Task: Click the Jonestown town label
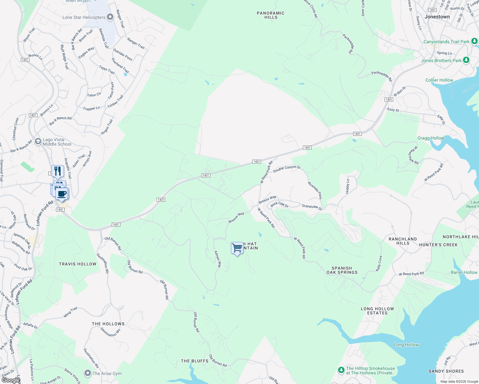[437, 17]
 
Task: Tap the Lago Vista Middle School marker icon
[38, 141]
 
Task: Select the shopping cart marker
[237, 248]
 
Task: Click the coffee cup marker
[62, 194]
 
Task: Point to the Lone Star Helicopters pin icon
[110, 17]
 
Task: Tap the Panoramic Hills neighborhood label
[271, 15]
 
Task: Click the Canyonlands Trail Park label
[446, 42]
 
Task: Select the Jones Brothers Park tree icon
[466, 60]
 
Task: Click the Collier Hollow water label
[439, 80]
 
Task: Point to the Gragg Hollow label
[431, 138]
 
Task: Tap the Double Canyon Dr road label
[287, 169]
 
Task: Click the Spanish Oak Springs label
[342, 270]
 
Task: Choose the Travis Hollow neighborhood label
[77, 264]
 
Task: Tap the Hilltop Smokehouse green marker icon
[341, 370]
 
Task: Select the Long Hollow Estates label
[377, 311]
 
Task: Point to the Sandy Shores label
[446, 371]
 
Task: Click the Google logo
[11, 380]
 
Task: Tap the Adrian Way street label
[218, 259]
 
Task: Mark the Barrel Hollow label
[464, 272]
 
